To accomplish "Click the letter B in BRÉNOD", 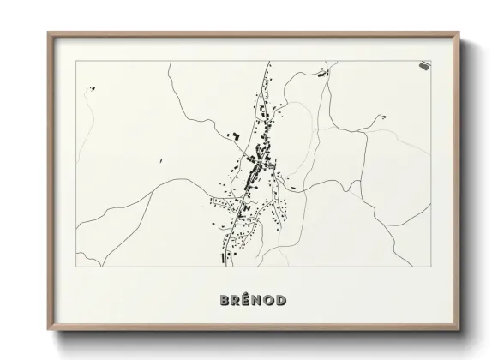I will [x=225, y=300].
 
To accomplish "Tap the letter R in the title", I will [x=237, y=300].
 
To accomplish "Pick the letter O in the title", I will [x=270, y=300].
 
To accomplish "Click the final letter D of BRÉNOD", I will [x=282, y=300].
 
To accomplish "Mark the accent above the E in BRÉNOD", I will [x=248, y=294].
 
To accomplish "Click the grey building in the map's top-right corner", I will [x=424, y=65].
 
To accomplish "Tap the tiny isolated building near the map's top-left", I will [x=92, y=87].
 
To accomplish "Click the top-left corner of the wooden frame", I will [x=48, y=33].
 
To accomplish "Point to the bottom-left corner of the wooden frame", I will [x=48, y=330].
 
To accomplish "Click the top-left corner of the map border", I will [x=76, y=61].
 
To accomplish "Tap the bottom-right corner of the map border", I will [x=430, y=266].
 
